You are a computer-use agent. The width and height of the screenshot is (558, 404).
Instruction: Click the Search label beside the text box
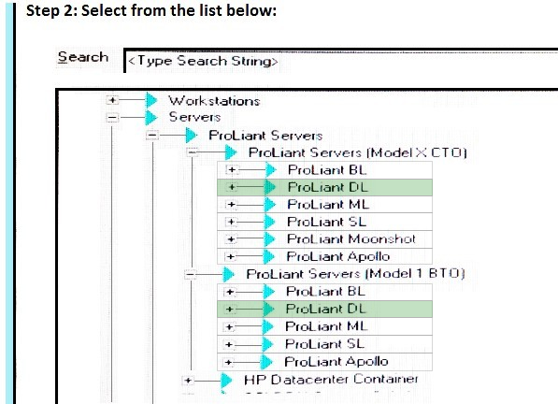[83, 57]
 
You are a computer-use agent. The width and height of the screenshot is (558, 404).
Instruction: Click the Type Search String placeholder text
[203, 61]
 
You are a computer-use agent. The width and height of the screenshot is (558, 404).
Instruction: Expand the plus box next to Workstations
[112, 100]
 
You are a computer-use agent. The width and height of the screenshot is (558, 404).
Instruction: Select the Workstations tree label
[214, 101]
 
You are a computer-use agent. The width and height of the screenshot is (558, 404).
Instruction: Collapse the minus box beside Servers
[112, 117]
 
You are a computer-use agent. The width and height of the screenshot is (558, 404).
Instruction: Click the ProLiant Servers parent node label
[265, 136]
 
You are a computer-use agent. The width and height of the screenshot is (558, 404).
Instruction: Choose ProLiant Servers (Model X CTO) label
[357, 152]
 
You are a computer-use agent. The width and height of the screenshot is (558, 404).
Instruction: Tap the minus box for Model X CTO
[193, 152]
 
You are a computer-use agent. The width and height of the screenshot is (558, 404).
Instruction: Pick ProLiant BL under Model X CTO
[327, 170]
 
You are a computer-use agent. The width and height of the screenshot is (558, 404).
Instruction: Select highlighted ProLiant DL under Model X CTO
[327, 187]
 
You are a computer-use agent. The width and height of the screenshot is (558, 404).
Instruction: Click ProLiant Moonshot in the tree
[351, 238]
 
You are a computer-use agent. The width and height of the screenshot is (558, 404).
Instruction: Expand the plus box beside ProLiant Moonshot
[231, 239]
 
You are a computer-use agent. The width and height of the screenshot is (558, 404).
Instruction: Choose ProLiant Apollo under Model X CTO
[338, 256]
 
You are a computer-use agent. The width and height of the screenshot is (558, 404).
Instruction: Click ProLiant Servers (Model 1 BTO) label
[355, 274]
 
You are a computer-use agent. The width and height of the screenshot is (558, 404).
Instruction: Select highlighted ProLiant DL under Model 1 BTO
[325, 309]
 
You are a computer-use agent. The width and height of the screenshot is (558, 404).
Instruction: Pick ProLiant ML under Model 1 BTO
[326, 326]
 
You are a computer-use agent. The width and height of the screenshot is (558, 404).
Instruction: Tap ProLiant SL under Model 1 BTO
[324, 344]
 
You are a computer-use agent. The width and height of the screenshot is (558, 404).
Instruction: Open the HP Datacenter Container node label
[331, 380]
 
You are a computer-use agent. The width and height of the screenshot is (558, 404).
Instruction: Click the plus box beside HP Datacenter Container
[188, 380]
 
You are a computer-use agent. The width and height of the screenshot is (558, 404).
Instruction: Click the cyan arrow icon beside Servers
[151, 117]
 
